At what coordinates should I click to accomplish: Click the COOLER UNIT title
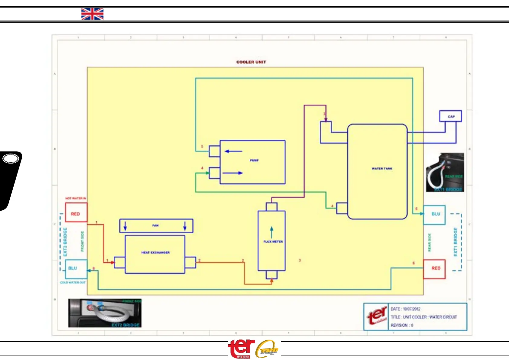coord(251,62)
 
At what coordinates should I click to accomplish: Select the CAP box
coord(450,116)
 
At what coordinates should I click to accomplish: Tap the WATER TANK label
coord(382,168)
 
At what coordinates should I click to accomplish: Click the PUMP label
coord(254,160)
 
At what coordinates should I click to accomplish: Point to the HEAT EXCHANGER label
coord(155,252)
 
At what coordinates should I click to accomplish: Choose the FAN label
coord(155,225)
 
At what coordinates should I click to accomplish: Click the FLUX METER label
coord(273,242)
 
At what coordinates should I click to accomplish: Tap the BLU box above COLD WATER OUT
coord(76,269)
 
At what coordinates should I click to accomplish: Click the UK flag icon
coord(92,14)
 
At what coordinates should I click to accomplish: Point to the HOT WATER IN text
coord(76,198)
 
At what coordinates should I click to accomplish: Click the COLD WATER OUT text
coord(73,283)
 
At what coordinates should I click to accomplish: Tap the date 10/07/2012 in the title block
coord(411,309)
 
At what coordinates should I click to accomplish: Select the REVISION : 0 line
coord(402,325)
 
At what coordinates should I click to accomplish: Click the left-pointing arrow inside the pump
coord(233,151)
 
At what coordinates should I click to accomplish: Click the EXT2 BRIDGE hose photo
coord(105,313)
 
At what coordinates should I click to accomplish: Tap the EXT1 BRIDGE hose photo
coord(445,172)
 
